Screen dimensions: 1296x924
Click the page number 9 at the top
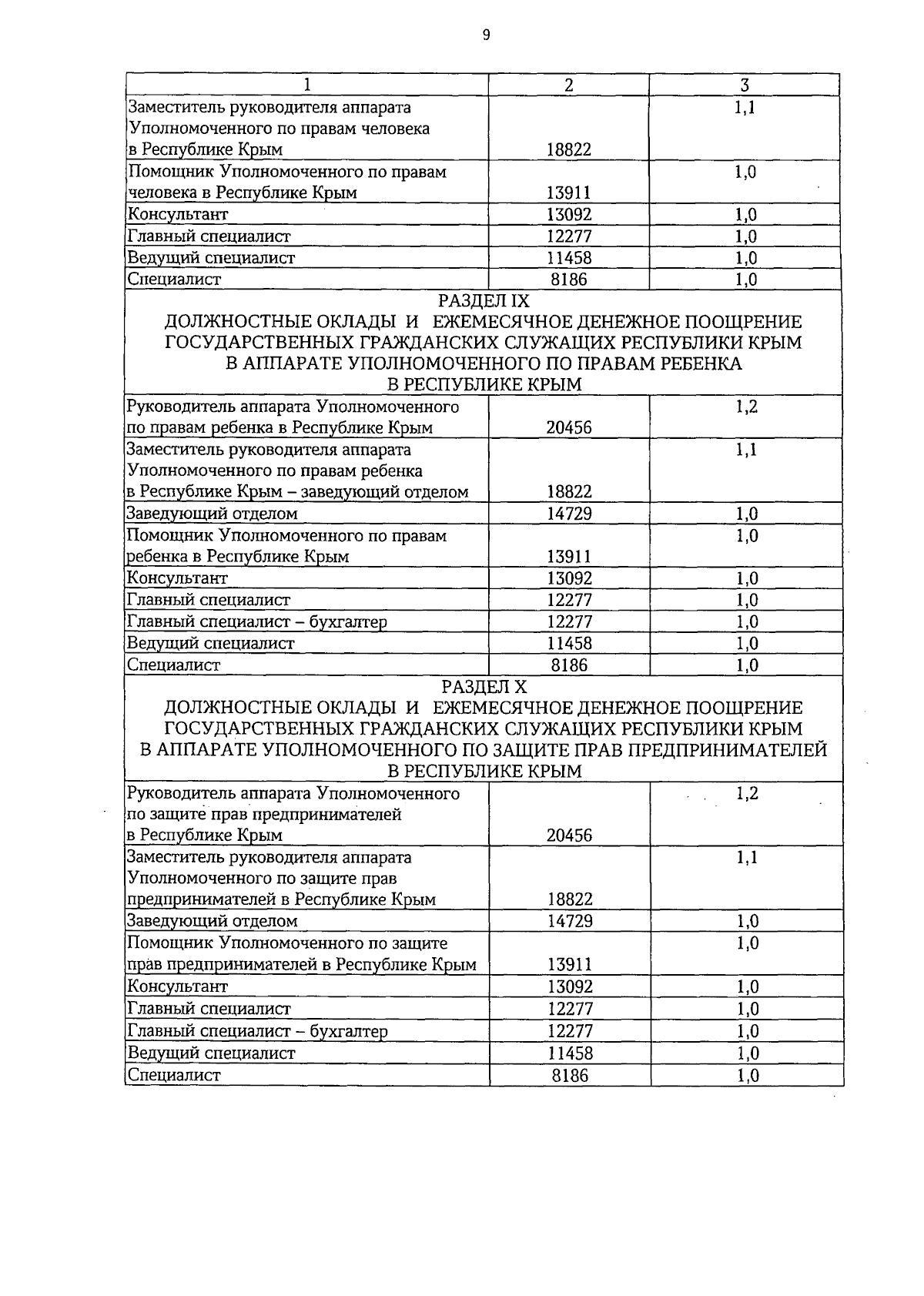click(486, 35)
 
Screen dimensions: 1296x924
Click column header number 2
click(568, 85)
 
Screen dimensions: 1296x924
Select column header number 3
click(745, 85)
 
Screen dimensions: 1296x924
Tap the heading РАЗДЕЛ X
click(484, 686)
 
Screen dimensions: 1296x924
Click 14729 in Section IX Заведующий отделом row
click(569, 514)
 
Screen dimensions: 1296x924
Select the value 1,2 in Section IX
click(746, 407)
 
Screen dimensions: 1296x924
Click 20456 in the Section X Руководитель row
click(569, 836)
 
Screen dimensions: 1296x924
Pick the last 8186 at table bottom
click(570, 1075)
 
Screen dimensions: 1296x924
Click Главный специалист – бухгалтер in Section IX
click(256, 621)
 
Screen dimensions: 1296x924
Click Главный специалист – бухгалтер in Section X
click(256, 1031)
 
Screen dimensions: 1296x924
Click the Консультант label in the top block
click(178, 215)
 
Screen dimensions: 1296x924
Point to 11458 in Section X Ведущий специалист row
click(570, 1053)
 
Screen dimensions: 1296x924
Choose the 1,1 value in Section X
click(746, 857)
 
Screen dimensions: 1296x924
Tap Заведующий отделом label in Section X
click(212, 921)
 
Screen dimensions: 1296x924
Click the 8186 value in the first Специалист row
click(569, 280)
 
